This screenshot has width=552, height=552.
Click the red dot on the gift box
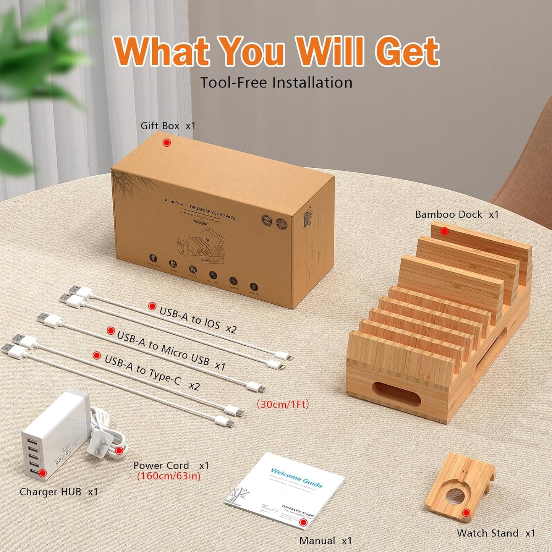click(167, 142)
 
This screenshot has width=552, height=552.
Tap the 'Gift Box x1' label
click(168, 126)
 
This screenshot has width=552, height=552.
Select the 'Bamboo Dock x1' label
click(457, 214)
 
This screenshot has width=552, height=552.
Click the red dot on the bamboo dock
click(444, 231)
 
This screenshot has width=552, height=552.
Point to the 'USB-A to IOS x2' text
click(197, 320)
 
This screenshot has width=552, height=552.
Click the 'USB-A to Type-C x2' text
click(152, 372)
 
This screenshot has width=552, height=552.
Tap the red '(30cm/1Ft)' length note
click(283, 404)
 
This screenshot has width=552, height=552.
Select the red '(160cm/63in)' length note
click(168, 476)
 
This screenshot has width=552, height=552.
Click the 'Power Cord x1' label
click(171, 465)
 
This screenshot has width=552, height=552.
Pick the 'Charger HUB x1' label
click(58, 492)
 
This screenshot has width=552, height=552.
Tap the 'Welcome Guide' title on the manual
click(296, 477)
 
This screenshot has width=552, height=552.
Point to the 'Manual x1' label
click(325, 541)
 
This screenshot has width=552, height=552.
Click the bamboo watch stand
click(461, 487)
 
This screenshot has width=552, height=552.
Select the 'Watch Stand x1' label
click(495, 533)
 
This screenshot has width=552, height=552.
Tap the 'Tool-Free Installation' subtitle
click(276, 83)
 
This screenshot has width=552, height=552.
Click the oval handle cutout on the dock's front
click(396, 394)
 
